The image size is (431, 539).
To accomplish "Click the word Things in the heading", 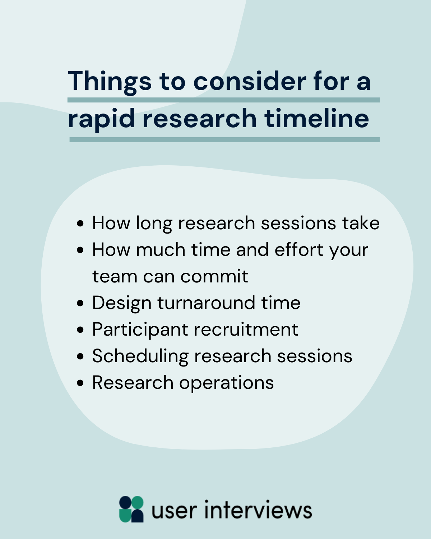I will [x=110, y=82].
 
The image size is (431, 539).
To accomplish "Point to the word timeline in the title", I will [x=317, y=118].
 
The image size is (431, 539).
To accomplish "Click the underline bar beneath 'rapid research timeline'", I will [x=224, y=139].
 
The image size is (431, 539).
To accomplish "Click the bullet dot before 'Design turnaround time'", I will [x=80, y=303].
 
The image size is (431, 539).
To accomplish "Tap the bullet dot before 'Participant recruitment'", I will [x=80, y=330].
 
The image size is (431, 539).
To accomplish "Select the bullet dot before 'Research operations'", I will [x=80, y=383].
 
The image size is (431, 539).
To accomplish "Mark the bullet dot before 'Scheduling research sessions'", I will [x=80, y=356].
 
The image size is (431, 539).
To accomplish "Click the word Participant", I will [x=140, y=330].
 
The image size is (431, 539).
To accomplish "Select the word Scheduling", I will [x=140, y=356].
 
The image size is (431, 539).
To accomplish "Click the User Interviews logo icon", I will [x=131, y=509].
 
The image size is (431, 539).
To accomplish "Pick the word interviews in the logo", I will [x=258, y=510].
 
